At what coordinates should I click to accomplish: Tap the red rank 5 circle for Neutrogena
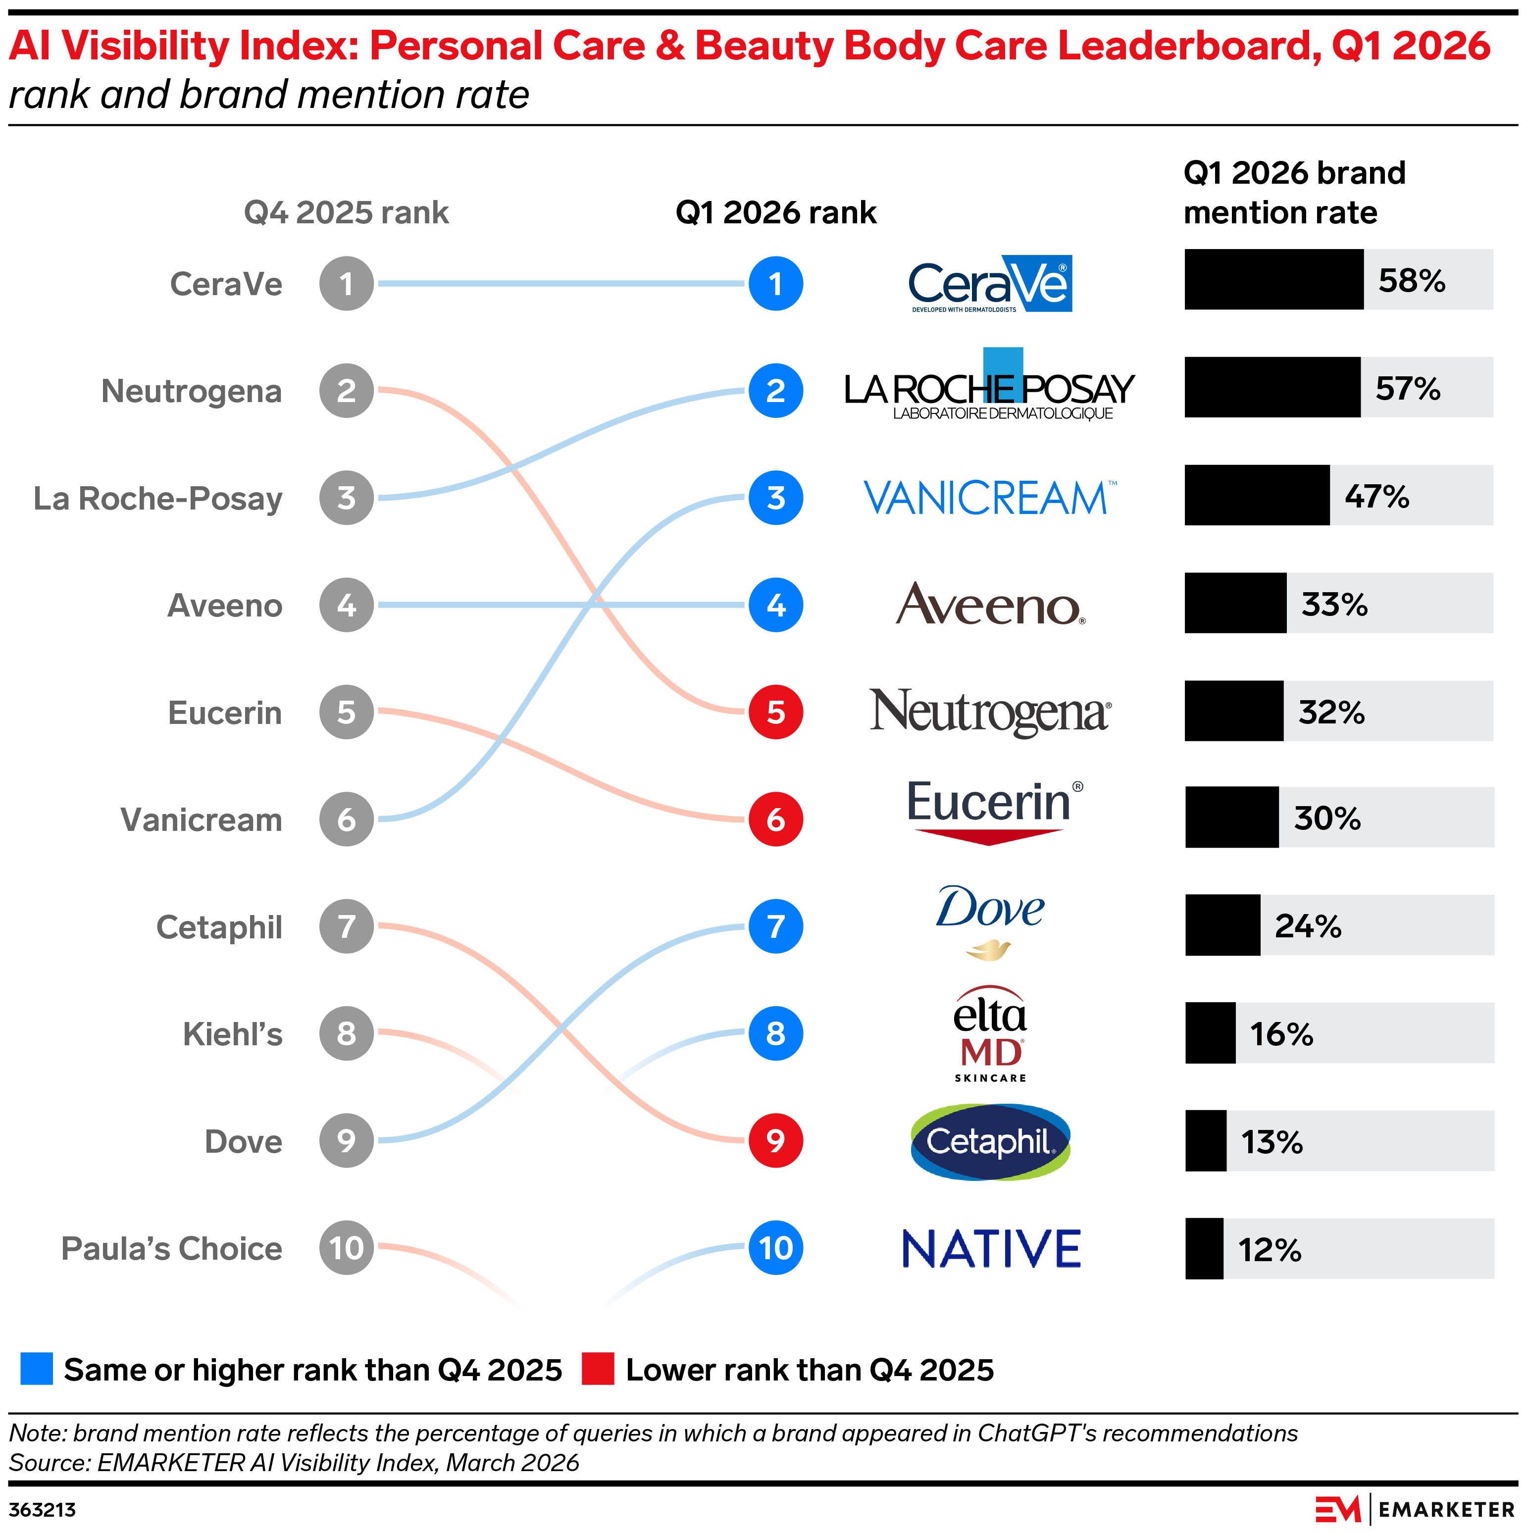[x=776, y=712]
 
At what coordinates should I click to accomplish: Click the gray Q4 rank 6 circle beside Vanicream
[x=346, y=819]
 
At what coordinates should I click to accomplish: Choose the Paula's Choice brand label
[x=171, y=1248]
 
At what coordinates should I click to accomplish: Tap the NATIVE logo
[x=991, y=1248]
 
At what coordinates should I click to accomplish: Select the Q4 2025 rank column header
[x=346, y=213]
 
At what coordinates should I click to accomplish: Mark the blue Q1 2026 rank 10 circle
[x=776, y=1248]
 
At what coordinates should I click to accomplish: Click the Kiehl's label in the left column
[x=233, y=1034]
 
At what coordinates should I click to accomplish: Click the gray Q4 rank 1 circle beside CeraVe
[x=346, y=283]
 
